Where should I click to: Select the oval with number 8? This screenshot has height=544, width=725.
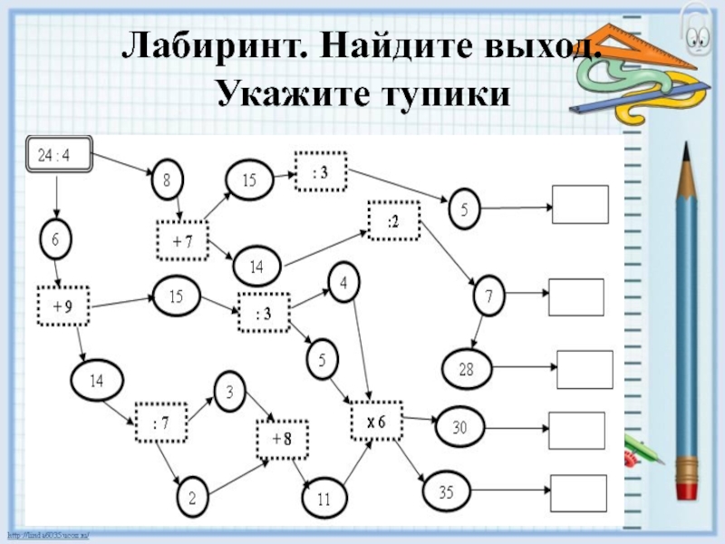click(167, 180)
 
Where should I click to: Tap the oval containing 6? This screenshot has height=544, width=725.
click(55, 239)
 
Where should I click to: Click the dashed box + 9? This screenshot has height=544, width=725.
click(63, 306)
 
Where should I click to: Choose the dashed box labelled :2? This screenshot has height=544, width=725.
click(394, 220)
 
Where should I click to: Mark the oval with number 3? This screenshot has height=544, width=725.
click(230, 393)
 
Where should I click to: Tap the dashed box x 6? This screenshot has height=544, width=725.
click(376, 422)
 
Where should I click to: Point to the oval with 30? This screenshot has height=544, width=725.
click(460, 425)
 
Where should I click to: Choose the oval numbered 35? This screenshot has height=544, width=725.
click(445, 492)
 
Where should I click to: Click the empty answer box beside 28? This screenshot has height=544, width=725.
click(584, 369)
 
